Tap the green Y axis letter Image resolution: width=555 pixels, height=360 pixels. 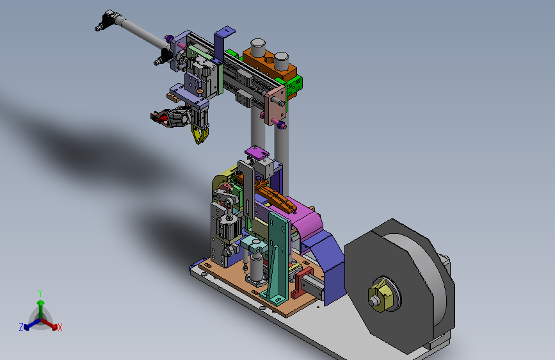pyautogui.click(x=40, y=293)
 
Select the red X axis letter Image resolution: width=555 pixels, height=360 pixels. pyautogui.click(x=60, y=328)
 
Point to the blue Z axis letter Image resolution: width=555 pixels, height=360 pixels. pyautogui.click(x=21, y=327)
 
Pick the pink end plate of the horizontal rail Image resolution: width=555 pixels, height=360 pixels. pyautogui.click(x=275, y=104)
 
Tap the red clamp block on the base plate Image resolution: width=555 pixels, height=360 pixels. pyautogui.click(x=300, y=282)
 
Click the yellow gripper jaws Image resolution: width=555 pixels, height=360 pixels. pyautogui.click(x=200, y=135)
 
